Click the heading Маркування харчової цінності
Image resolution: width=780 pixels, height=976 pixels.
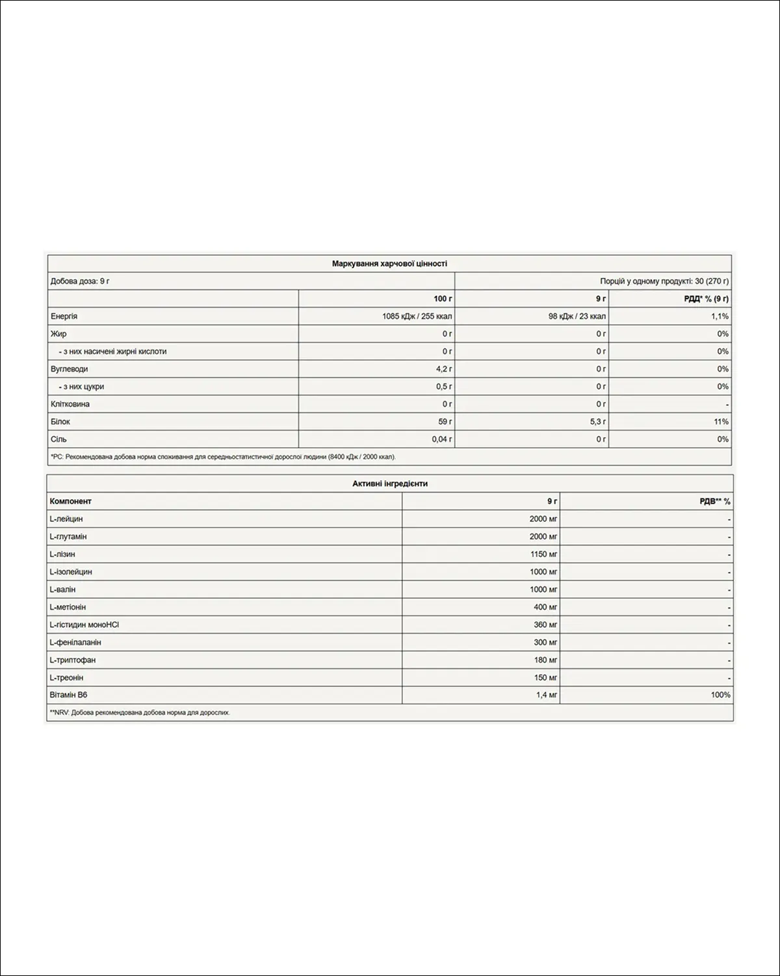click(x=389, y=264)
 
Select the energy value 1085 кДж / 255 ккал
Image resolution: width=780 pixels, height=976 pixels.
click(x=417, y=316)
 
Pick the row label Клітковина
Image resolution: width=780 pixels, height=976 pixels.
click(x=70, y=404)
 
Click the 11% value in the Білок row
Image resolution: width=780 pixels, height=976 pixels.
click(x=721, y=422)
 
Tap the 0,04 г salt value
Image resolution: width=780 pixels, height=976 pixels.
click(x=441, y=439)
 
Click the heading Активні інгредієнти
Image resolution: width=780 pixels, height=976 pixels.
click(x=390, y=484)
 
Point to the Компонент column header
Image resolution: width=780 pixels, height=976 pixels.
click(x=71, y=502)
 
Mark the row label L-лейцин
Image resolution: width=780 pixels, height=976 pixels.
click(x=66, y=519)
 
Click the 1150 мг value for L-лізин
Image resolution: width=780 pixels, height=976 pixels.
click(x=543, y=554)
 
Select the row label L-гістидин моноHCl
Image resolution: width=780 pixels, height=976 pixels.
click(x=84, y=625)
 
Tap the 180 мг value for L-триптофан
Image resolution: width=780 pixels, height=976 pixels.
click(x=545, y=660)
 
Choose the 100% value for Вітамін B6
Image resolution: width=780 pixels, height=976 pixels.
click(x=720, y=695)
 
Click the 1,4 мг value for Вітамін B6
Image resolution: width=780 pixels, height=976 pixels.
click(x=547, y=695)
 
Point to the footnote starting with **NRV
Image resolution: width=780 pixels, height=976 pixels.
click(x=140, y=712)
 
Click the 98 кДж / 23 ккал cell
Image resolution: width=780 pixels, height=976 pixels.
click(x=577, y=316)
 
